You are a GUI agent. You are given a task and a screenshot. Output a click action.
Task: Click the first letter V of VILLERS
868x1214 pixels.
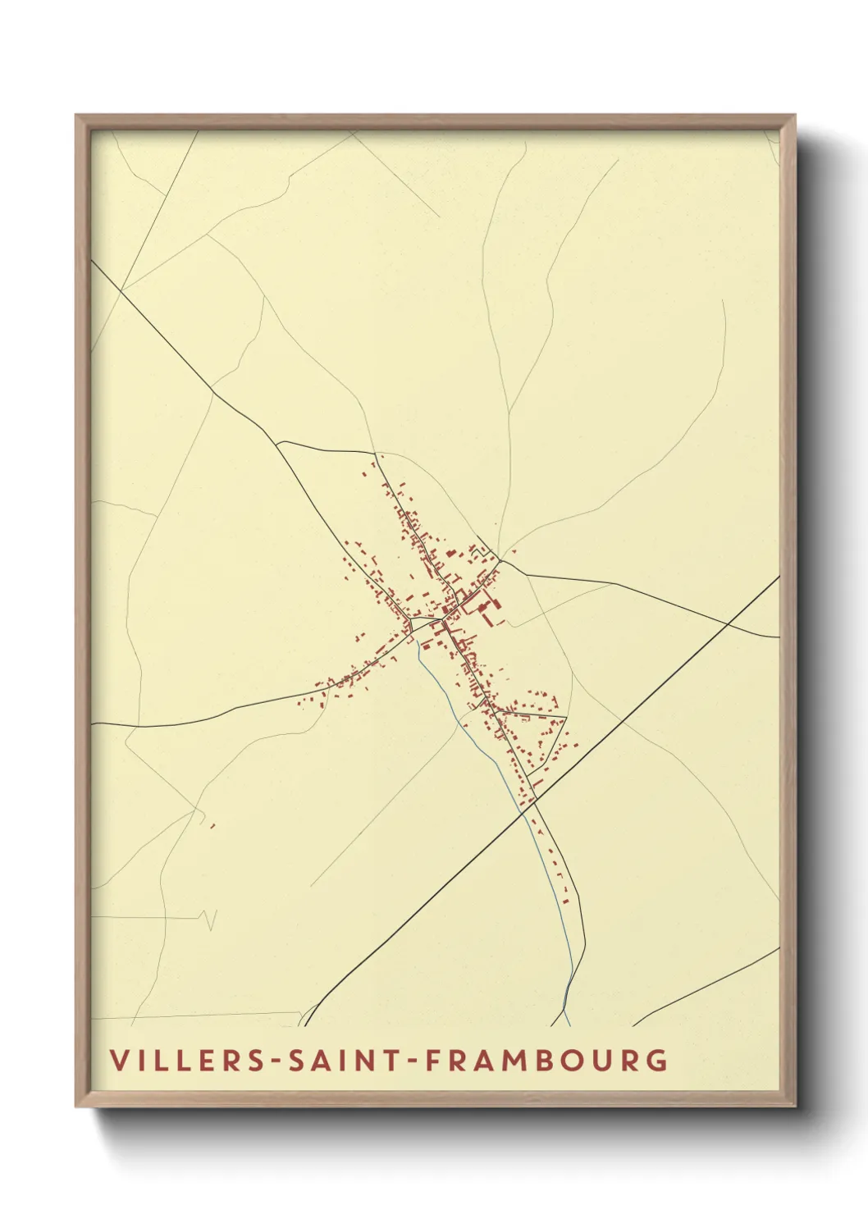(120, 1060)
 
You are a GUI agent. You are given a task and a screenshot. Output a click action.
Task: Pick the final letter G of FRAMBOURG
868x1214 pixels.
(656, 1060)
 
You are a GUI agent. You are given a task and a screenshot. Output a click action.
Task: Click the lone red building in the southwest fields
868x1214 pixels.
(212, 825)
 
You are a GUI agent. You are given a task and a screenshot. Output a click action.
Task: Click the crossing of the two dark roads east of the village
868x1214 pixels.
(728, 624)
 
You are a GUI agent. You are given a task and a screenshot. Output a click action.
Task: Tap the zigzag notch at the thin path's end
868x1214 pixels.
(210, 919)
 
